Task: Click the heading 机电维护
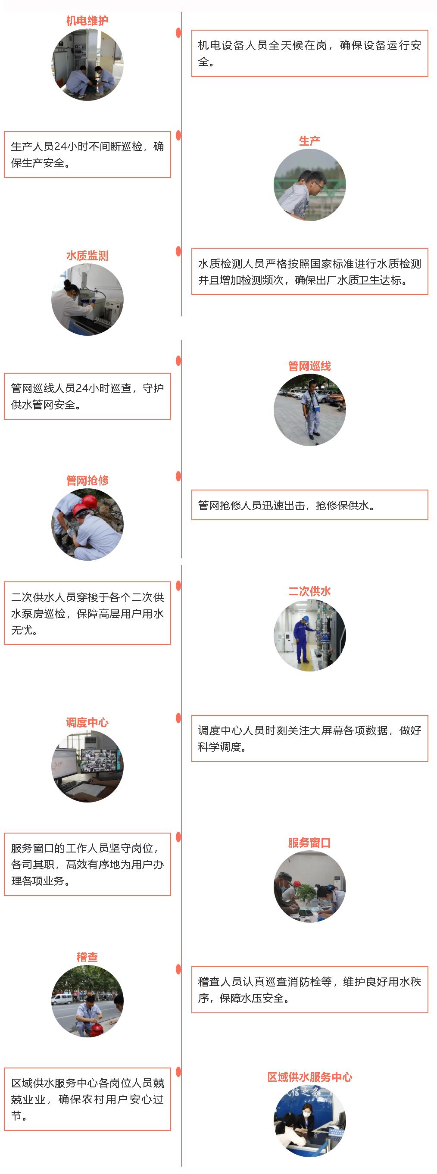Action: point(87,21)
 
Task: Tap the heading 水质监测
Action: point(87,256)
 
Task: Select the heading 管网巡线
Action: point(309,366)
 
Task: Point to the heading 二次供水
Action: point(309,592)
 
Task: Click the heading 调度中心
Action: point(87,722)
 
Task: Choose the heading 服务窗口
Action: point(309,843)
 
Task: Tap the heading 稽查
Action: point(87,957)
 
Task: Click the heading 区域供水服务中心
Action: point(309,1077)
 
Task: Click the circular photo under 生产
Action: point(309,185)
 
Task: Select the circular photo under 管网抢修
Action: point(87,524)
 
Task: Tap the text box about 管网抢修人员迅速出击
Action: point(309,505)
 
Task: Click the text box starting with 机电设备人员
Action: point(309,53)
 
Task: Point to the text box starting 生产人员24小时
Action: point(87,154)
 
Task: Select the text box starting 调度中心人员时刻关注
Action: point(309,739)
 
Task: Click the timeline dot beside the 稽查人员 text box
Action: point(178,969)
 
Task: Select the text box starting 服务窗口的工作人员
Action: point(87,864)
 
